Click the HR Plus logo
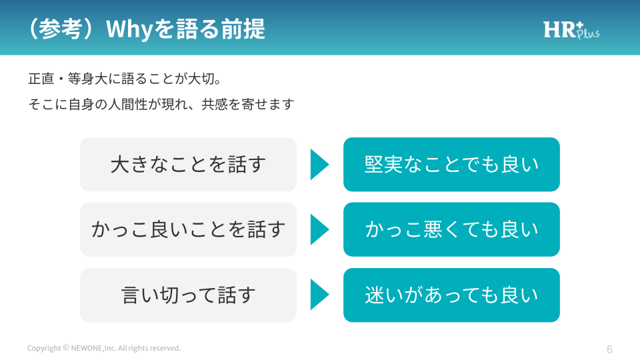tap(571, 30)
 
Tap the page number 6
tap(609, 349)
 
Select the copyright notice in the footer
tap(104, 348)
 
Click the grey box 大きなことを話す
tap(188, 164)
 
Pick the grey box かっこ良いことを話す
tap(188, 229)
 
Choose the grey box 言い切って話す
tap(188, 295)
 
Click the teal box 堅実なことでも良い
tap(451, 164)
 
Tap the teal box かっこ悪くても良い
tap(451, 229)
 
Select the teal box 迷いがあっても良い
tap(451, 295)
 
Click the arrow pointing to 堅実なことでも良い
tap(319, 165)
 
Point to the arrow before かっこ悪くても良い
tap(319, 229)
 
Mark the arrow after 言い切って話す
tap(319, 294)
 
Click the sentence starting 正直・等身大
tap(125, 79)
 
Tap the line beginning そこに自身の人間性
tap(161, 104)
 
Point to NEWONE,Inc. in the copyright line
tap(93, 348)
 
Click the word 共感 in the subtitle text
tap(214, 104)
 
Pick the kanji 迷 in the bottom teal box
tap(374, 295)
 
